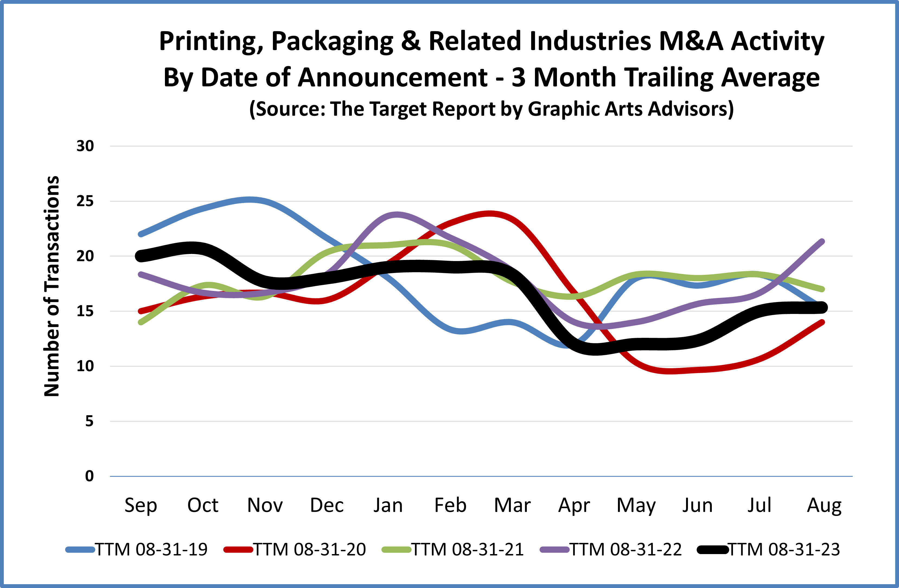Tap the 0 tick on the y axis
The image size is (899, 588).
coord(89,476)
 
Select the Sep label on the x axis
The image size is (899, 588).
coord(141,506)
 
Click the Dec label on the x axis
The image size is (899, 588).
coord(327,506)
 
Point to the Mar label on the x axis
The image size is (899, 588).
coord(512,506)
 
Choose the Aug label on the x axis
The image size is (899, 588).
coord(824,506)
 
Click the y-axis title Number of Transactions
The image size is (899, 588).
coord(52,287)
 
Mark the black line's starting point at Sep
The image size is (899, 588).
coord(141,256)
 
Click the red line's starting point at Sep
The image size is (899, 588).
coord(141,312)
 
